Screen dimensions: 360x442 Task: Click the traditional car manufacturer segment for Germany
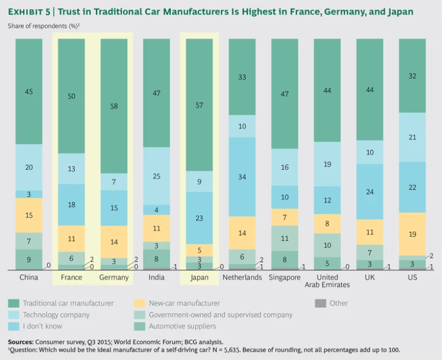pos(114,106)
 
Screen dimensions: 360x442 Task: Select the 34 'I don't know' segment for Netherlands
pos(242,177)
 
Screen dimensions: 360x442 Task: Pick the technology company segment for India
pos(157,176)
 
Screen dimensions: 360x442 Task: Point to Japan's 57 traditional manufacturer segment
pos(199,105)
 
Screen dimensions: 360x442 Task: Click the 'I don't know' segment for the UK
pos(370,192)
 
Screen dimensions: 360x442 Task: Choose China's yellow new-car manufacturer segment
pos(29,215)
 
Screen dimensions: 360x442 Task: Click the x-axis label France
pos(71,277)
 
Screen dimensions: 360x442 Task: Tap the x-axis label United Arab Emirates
pos(327,281)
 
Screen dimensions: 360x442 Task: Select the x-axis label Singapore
pos(285,277)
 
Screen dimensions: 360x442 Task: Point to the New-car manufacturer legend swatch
pos(138,303)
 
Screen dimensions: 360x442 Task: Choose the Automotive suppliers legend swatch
pos(138,327)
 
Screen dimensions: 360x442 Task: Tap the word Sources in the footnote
pos(21,341)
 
